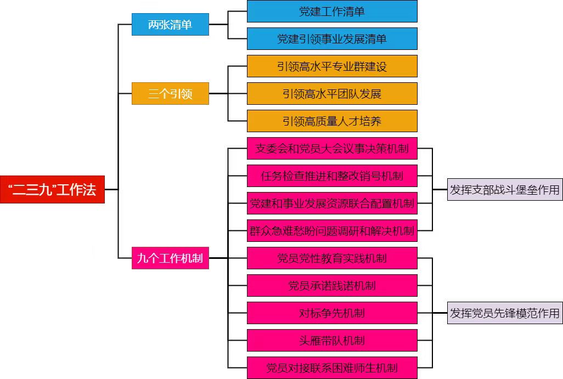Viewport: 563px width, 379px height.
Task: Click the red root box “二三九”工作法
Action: pyautogui.click(x=52, y=189)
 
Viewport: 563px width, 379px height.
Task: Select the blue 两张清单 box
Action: pyautogui.click(x=170, y=25)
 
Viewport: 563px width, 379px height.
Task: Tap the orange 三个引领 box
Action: pyautogui.click(x=170, y=94)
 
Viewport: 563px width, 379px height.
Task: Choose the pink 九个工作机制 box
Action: pyautogui.click(x=170, y=258)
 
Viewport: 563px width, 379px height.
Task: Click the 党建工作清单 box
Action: pyautogui.click(x=332, y=11)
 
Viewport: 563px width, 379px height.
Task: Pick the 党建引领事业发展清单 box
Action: pyautogui.click(x=332, y=39)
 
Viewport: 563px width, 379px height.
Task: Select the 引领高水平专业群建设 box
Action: pyautogui.click(x=332, y=66)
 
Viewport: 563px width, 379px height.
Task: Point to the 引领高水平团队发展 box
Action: pyautogui.click(x=332, y=94)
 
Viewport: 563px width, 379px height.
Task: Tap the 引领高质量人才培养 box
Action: pyautogui.click(x=332, y=121)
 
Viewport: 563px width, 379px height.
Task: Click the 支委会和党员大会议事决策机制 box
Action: pyautogui.click(x=332, y=148)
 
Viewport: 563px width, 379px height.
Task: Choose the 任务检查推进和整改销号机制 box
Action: pyautogui.click(x=332, y=176)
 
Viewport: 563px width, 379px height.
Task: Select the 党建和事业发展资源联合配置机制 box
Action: pyautogui.click(x=332, y=203)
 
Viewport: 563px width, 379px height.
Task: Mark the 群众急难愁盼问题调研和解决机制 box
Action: pyautogui.click(x=332, y=231)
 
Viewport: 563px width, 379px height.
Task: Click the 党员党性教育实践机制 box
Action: pyautogui.click(x=332, y=258)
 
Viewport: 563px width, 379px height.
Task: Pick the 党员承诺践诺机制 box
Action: pyautogui.click(x=332, y=286)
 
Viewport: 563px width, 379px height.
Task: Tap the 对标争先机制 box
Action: pyautogui.click(x=332, y=313)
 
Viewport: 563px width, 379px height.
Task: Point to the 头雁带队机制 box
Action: pyautogui.click(x=332, y=341)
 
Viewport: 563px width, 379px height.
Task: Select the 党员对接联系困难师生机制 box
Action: pyautogui.click(x=332, y=367)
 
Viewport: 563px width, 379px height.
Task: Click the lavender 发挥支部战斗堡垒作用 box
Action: pyautogui.click(x=505, y=190)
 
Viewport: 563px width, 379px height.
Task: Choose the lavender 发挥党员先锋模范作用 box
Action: pyautogui.click(x=505, y=313)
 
